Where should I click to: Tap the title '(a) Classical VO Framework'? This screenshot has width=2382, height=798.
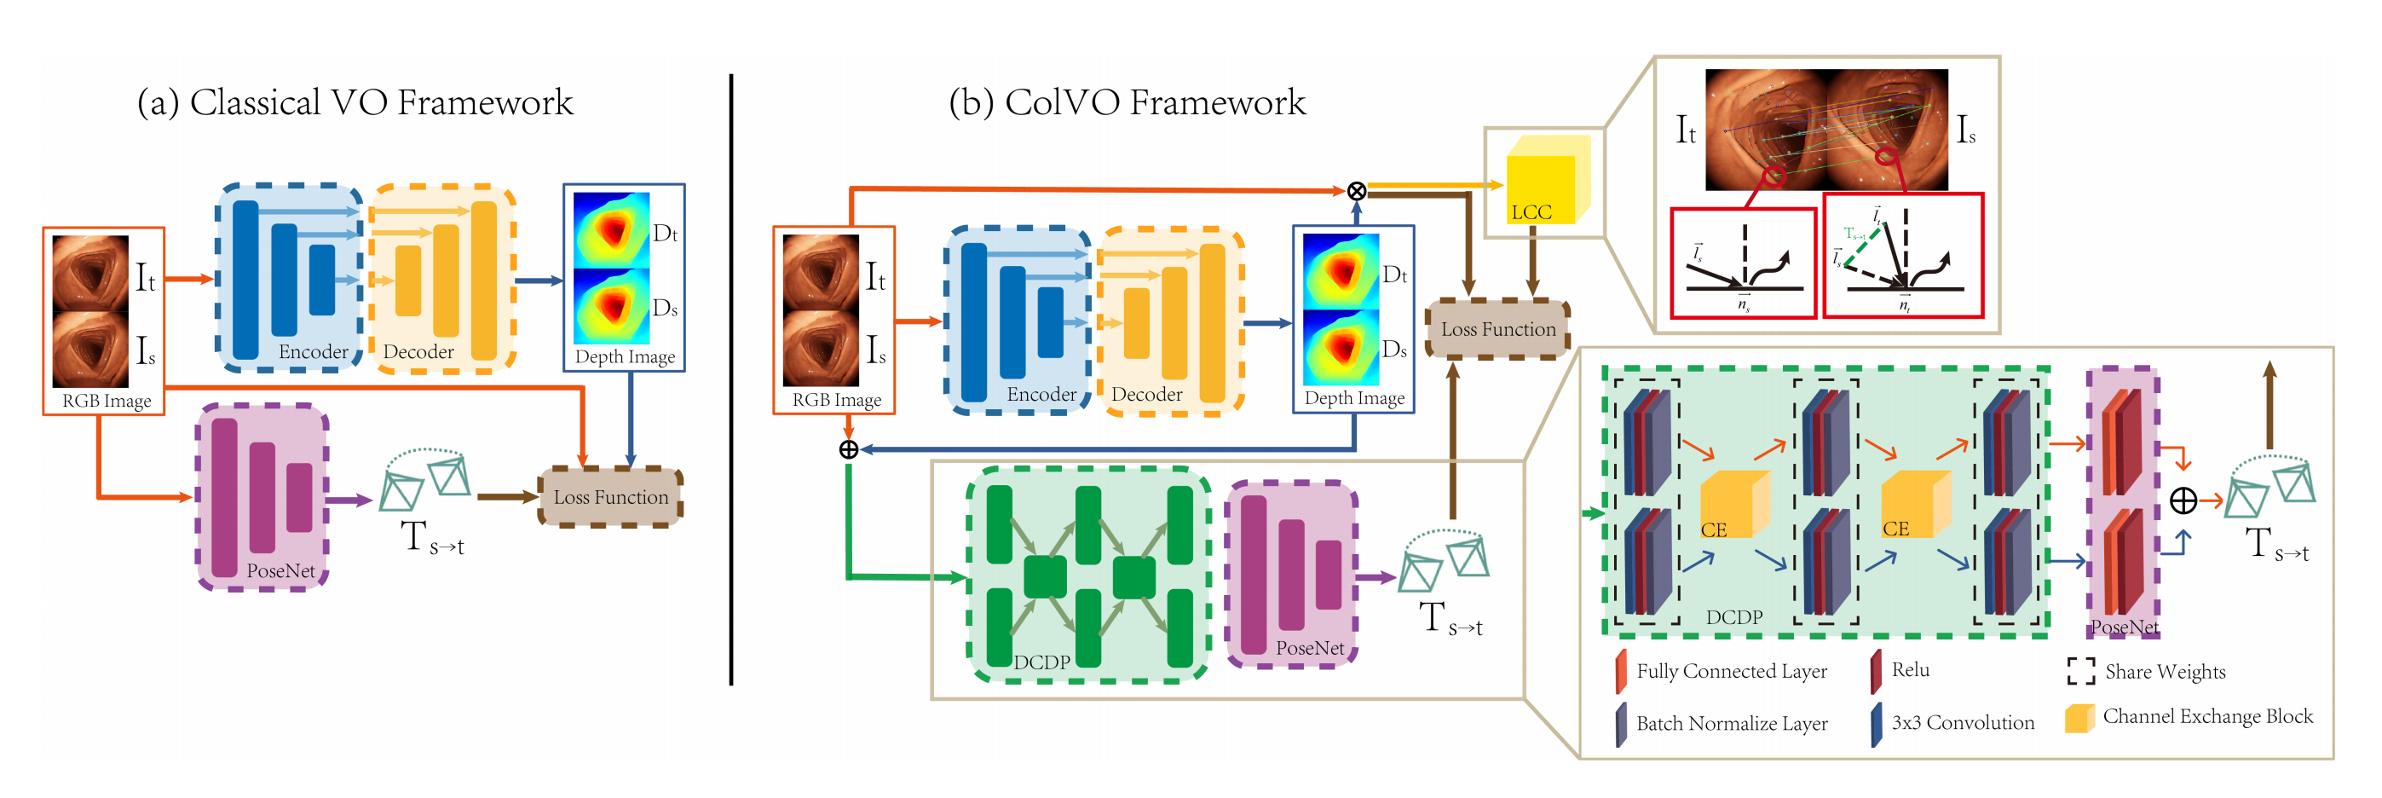[x=355, y=102]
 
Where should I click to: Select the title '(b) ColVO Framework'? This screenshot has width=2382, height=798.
[x=1128, y=102]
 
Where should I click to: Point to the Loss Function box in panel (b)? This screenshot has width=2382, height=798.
[x=1498, y=329]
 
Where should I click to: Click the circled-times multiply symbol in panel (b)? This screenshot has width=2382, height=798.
[x=1356, y=192]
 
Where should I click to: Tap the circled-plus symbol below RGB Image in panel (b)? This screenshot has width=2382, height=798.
[x=848, y=449]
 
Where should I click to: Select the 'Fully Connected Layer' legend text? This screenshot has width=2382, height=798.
[x=1731, y=671]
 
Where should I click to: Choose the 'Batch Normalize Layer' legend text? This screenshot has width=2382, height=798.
[x=1731, y=723]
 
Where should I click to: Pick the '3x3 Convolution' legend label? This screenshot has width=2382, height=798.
[x=1962, y=722]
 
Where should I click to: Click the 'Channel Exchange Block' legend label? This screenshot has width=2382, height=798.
[x=2207, y=717]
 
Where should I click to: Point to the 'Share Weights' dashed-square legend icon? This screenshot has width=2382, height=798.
[x=2081, y=671]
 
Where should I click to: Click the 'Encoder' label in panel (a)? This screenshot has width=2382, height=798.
[x=314, y=351]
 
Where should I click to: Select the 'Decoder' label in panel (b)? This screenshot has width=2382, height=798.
[x=1146, y=394]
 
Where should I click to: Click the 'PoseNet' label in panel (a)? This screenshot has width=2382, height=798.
[x=280, y=570]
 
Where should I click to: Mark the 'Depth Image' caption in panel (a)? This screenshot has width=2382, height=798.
[x=625, y=357]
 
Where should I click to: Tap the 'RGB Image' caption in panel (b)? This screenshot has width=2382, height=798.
[x=836, y=401]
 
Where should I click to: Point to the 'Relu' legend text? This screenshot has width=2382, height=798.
[x=1911, y=669]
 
